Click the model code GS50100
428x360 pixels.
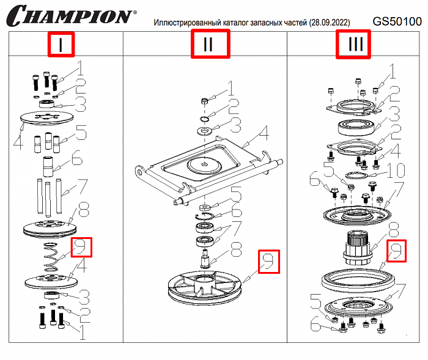[397, 21]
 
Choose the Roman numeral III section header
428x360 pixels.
[353, 45]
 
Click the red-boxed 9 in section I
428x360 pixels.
[81, 247]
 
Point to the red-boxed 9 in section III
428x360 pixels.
[397, 250]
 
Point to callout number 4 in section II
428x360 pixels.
[264, 133]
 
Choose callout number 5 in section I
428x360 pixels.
[81, 131]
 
